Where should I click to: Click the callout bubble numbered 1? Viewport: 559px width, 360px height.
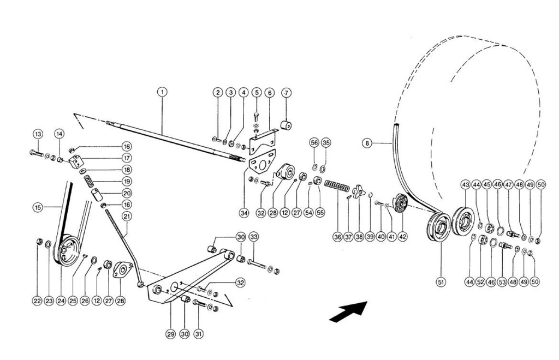(x=162, y=92)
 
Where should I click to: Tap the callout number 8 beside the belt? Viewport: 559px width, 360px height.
(x=367, y=144)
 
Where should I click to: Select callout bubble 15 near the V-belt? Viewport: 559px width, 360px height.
(x=38, y=207)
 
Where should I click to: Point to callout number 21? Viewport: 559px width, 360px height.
(x=127, y=216)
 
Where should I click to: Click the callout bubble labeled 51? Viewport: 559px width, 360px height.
(x=440, y=282)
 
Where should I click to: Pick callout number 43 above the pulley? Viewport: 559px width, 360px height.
(x=465, y=184)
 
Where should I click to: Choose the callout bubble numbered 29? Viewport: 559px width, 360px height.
(x=171, y=333)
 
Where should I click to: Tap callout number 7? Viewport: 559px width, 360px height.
(x=286, y=92)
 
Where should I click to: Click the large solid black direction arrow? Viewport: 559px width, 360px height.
(x=348, y=312)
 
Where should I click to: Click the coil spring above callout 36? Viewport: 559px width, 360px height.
(x=337, y=187)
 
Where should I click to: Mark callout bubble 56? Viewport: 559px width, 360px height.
(x=314, y=142)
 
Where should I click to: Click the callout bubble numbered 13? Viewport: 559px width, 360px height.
(x=37, y=134)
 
